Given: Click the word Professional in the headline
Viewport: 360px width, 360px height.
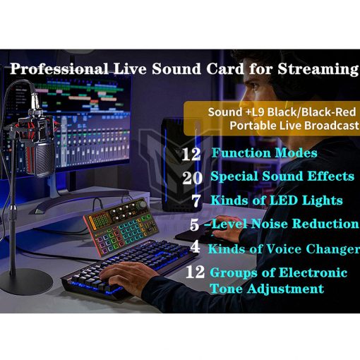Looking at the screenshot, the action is [59, 68].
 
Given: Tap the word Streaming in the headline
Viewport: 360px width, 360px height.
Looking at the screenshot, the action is [318, 69].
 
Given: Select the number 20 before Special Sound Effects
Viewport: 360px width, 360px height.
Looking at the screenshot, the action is [192, 178].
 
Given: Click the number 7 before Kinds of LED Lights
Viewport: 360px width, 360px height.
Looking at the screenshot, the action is [196, 200].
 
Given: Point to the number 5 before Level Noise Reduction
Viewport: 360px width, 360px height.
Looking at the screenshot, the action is [194, 224].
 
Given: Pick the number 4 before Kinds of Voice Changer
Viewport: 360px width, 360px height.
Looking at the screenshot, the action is [195, 246].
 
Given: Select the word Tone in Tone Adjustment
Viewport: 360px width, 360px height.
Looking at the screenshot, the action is [227, 289].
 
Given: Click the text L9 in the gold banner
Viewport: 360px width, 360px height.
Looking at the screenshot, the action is [258, 112].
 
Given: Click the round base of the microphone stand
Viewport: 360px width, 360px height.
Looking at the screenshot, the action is [26, 282].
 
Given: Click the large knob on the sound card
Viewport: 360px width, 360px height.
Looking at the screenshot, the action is [143, 204].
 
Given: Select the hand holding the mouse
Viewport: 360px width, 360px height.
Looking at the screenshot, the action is [224, 228].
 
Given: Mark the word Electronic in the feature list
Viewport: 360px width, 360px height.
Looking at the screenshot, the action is [313, 273].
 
